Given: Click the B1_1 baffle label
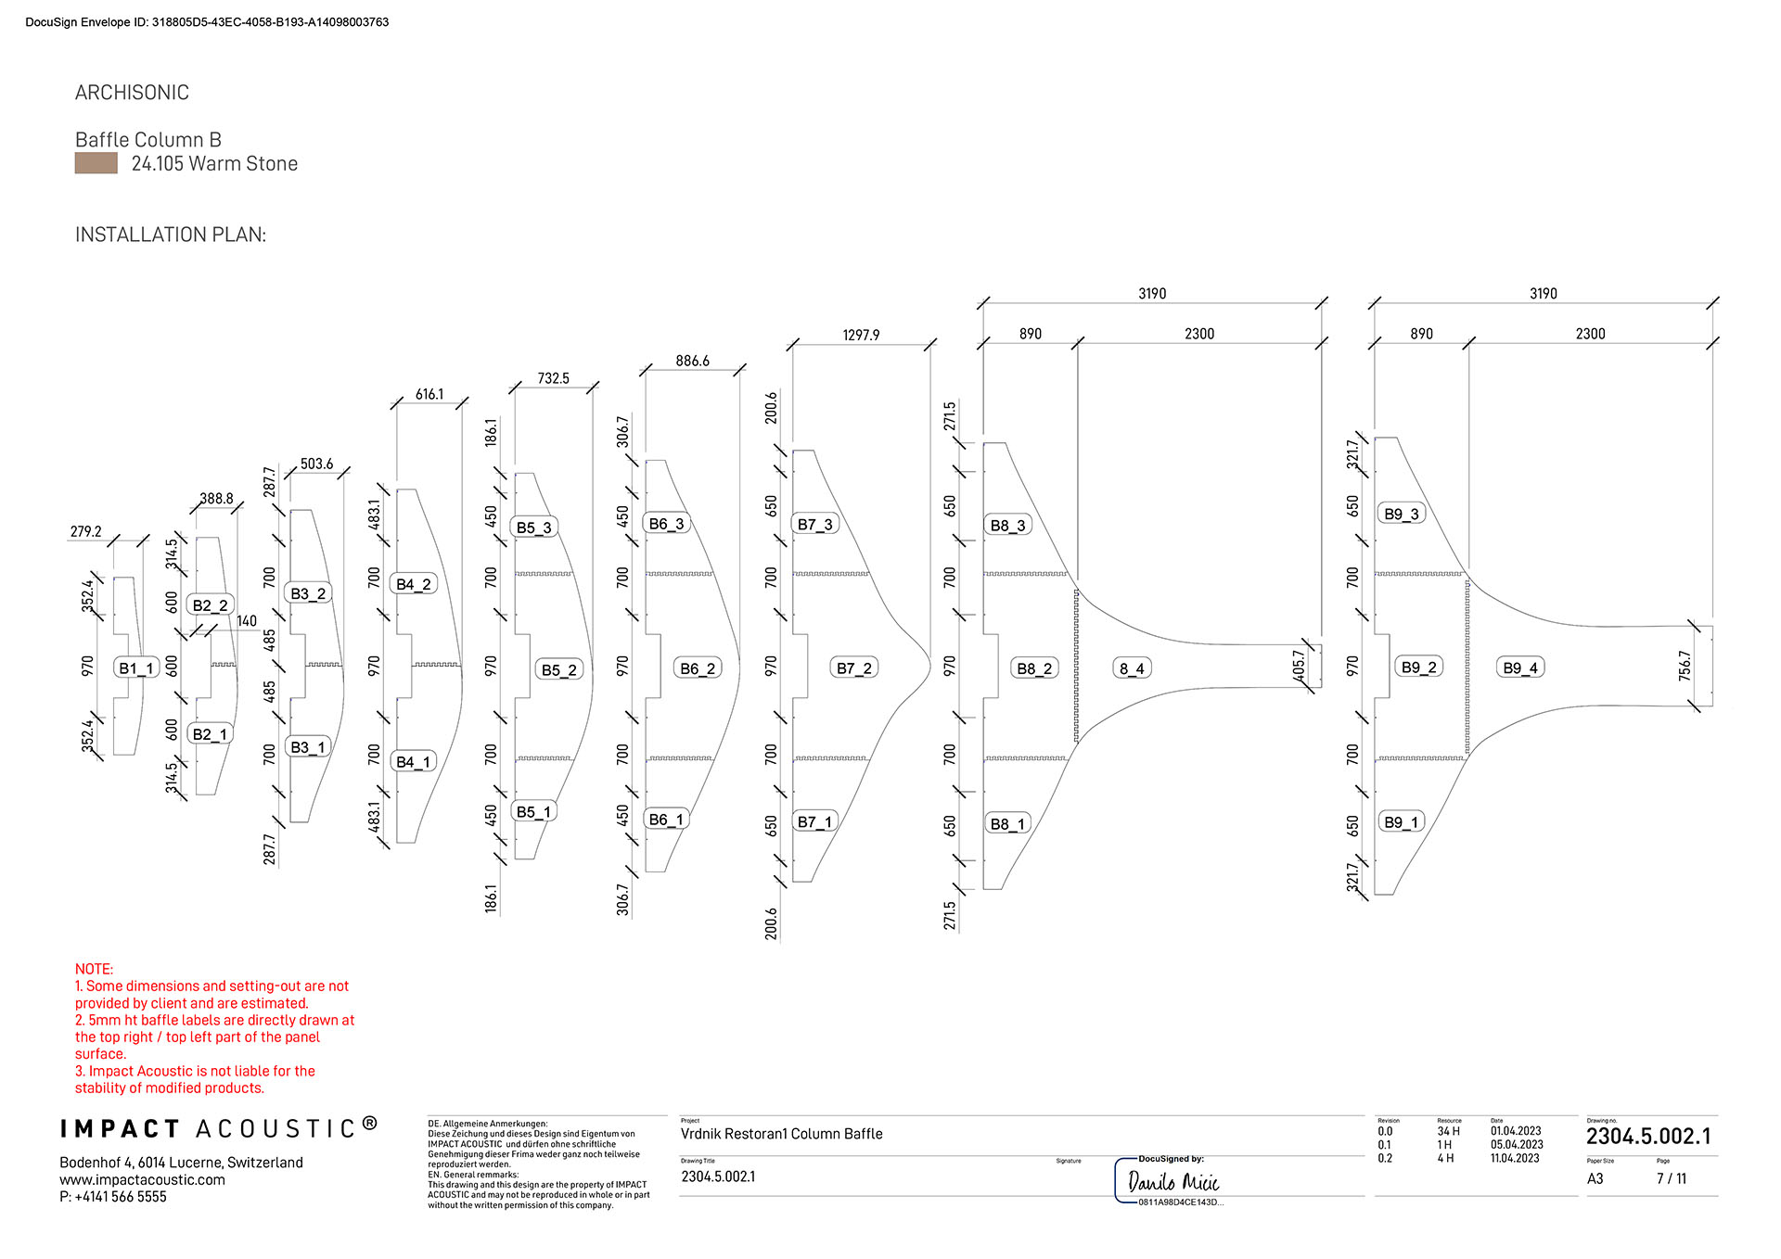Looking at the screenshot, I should click(135, 668).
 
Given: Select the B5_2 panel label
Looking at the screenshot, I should click(559, 669).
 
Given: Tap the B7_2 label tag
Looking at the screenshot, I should click(853, 668).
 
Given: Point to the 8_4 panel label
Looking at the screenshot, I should click(1132, 668).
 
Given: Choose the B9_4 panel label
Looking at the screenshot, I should click(1520, 668).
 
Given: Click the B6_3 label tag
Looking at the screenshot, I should click(666, 524).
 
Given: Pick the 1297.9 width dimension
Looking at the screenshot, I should click(861, 335).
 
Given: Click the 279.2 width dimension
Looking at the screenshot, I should click(86, 531).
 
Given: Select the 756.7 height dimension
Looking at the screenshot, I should click(1685, 666).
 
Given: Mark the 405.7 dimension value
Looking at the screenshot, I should click(1299, 666).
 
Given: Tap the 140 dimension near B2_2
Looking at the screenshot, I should click(247, 621).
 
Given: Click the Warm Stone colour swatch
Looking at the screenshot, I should click(96, 164).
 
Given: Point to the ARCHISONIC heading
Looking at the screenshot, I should click(132, 93).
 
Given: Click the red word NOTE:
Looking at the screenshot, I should click(94, 969).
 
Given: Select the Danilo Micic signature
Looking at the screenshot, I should click(1172, 1182).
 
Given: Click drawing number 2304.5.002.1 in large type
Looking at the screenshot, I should click(1648, 1137).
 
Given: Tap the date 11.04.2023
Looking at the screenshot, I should click(1515, 1158).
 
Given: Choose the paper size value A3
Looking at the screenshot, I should click(1595, 1179).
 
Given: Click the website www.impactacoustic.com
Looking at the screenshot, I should click(143, 1179).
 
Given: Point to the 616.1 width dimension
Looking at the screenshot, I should click(429, 394).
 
